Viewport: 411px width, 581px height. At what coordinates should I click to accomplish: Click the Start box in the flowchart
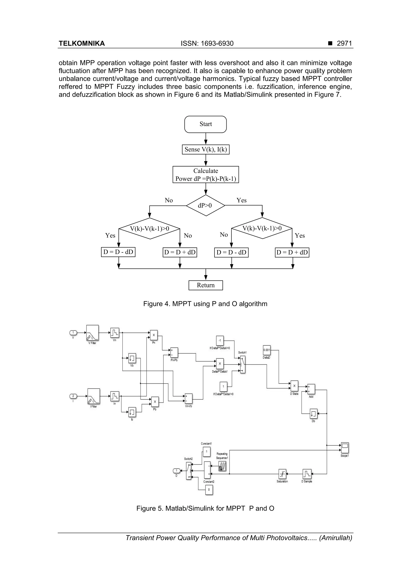pos(205,124)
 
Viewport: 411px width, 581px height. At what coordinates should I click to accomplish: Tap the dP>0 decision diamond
pos(205,205)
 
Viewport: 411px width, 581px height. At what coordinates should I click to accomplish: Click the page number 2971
pos(344,44)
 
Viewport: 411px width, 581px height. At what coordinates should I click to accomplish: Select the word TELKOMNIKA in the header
pos(81,44)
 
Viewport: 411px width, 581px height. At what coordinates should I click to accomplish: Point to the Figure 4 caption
pos(205,304)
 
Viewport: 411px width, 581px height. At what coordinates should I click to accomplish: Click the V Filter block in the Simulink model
pos(93,333)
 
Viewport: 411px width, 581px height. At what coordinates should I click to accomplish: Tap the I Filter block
pos(94,396)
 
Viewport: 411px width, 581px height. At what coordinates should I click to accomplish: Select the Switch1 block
pos(243,364)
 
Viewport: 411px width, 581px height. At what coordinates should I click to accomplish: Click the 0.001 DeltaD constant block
pos(267,350)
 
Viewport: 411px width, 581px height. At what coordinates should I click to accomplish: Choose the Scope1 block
pos(345,448)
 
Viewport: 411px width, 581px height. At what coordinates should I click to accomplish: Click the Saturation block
pos(282,474)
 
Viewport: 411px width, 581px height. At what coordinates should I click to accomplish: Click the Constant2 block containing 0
pos(209,490)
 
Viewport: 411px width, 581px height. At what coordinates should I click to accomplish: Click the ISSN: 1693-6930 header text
pos(207,44)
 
